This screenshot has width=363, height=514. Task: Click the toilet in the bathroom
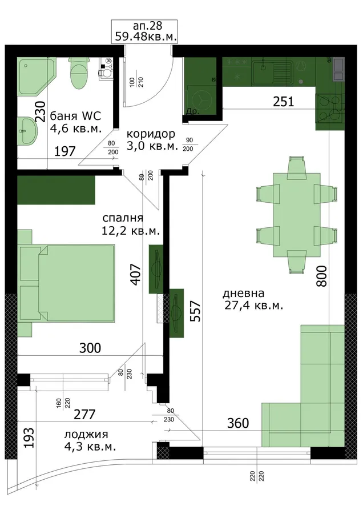coord(79,73)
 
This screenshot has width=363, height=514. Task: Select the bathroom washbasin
coord(26,130)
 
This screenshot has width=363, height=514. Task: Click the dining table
coord(296,215)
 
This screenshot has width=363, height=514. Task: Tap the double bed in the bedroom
coord(67,283)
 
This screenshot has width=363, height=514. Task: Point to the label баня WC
coord(75,116)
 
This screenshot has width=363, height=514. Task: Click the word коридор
coord(151,134)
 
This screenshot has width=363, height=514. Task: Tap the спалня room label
coord(123,218)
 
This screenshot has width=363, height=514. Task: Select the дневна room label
coord(243,293)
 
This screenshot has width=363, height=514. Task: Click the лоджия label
coord(86,435)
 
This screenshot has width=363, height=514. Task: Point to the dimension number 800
coord(321,276)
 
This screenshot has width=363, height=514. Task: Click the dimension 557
coord(196,311)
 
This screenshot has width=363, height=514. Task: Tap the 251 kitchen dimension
coord(284,102)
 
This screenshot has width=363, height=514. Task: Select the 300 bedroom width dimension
coord(90,348)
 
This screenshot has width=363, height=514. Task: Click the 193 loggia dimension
coord(29,437)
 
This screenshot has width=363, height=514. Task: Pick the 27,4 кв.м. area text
coord(253,306)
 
